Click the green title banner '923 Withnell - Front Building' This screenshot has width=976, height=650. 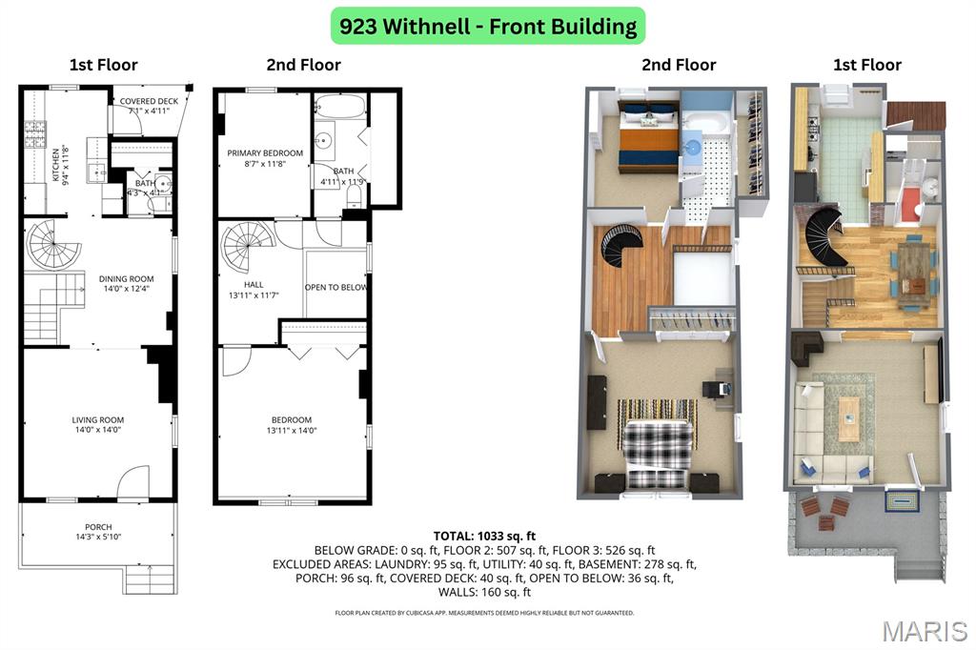(x=488, y=26)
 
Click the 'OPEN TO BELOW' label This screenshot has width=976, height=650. (x=335, y=287)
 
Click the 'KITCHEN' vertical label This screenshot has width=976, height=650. (x=56, y=164)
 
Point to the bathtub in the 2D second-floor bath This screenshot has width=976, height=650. (x=338, y=105)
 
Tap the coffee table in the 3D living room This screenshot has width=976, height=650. (x=847, y=417)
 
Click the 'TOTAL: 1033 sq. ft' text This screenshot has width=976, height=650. (x=484, y=536)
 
